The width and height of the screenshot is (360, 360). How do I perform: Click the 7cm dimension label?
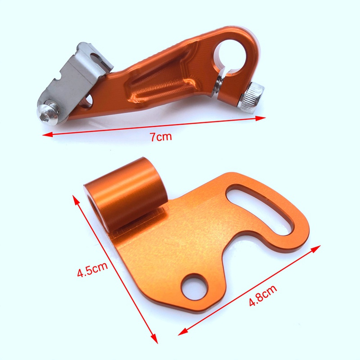pyautogui.click(x=161, y=137)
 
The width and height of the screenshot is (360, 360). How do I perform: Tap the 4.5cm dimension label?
pyautogui.click(x=92, y=269)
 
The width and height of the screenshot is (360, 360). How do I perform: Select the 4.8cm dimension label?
pyautogui.click(x=263, y=296)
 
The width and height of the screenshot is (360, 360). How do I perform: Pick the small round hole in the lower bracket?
pyautogui.click(x=194, y=287)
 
